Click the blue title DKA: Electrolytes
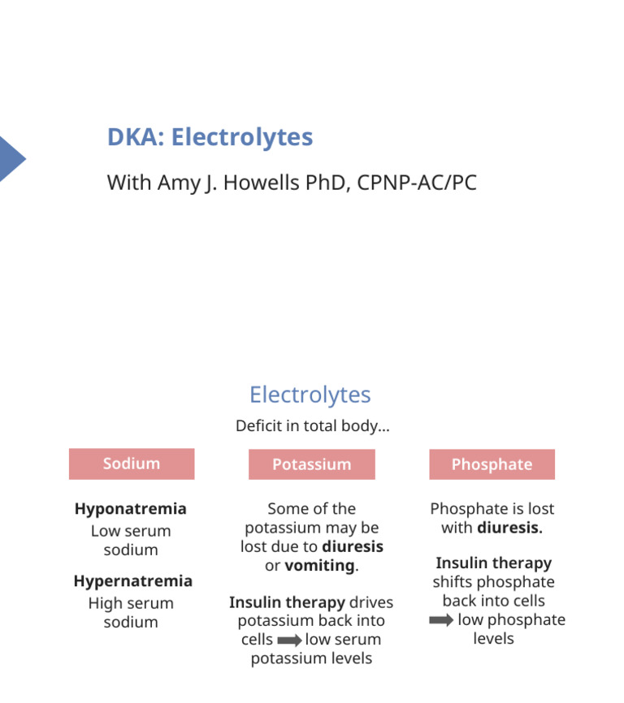[210, 137]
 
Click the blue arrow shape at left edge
[11, 158]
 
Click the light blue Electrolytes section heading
[310, 395]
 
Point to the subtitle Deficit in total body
[312, 425]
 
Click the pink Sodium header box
[132, 464]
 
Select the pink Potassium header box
[311, 464]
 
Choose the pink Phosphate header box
[492, 464]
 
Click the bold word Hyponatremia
[130, 509]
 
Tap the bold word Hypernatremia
[132, 581]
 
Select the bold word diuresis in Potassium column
[353, 546]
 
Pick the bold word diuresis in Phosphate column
[509, 528]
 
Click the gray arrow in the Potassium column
[289, 640]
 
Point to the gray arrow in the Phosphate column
[441, 620]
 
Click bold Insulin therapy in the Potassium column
[287, 602]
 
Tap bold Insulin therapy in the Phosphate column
[493, 563]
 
